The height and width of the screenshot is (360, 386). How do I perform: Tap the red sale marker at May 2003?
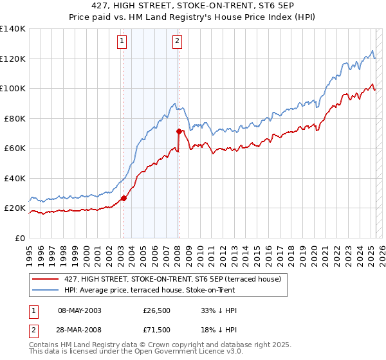click(124, 198)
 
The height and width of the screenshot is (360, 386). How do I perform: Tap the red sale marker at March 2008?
click(179, 131)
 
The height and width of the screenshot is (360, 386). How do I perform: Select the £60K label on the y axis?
click(15, 148)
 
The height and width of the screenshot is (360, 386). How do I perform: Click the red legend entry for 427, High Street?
click(172, 279)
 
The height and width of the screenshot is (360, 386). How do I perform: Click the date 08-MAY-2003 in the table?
click(80, 310)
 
